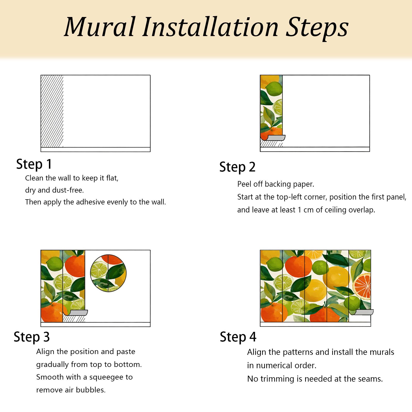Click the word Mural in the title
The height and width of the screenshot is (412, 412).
100,27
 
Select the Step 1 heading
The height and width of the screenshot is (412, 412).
34,164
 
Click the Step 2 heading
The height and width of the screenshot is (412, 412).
237,167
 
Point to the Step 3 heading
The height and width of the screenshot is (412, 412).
32,337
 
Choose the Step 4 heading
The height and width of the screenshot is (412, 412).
238,337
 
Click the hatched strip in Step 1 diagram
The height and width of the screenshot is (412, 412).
52,111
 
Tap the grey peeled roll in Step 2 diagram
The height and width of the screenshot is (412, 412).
276,138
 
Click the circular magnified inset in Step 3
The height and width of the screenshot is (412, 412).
108,273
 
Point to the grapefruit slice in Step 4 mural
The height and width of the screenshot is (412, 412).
362,286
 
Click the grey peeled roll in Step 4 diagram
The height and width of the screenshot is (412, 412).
364,312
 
